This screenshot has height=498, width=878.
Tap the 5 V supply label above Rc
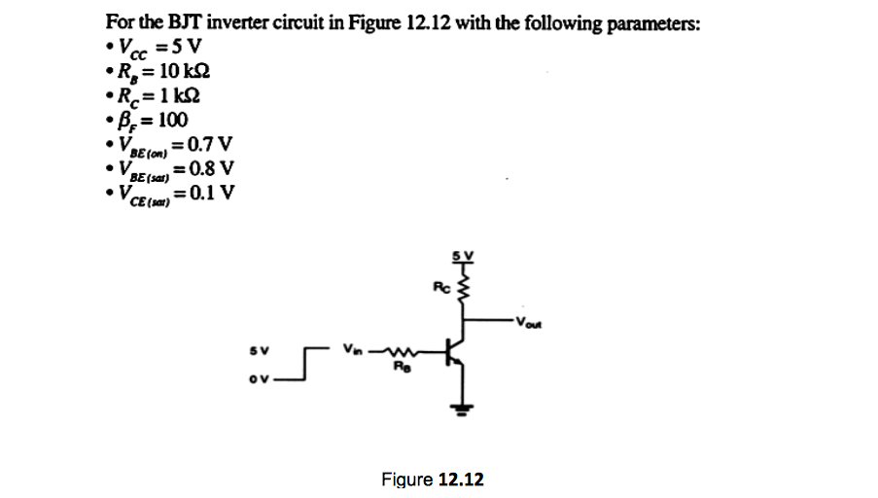coord(463,257)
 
